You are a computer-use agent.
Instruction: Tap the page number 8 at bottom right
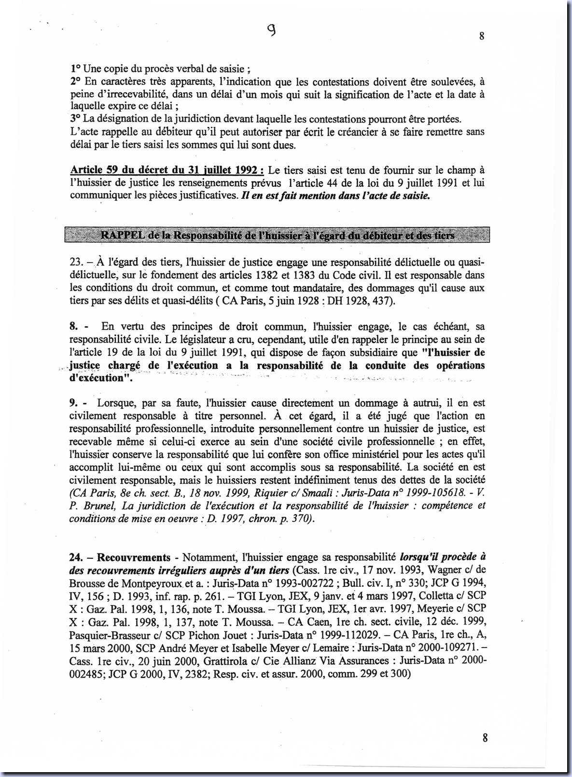[485, 738]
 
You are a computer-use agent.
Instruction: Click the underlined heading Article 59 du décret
[167, 170]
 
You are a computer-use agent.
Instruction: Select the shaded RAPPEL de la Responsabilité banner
[277, 235]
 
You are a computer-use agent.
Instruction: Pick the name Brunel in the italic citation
[96, 506]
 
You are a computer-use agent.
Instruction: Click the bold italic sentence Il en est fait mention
[335, 196]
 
